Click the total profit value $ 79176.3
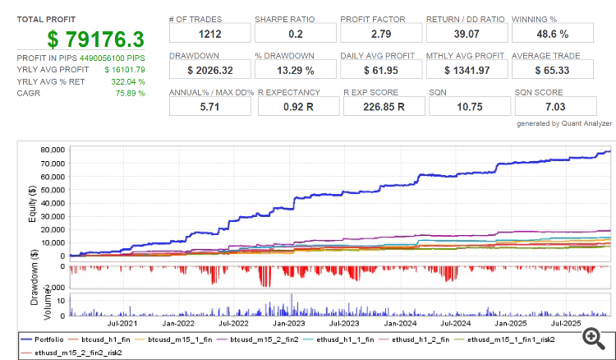pos(95,39)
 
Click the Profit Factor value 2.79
pos(379,34)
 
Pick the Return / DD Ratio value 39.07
pos(465,34)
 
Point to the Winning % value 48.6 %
pos(550,34)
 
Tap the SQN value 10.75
pos(465,108)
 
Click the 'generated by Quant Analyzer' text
pos(565,123)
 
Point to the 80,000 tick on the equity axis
pos(53,150)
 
